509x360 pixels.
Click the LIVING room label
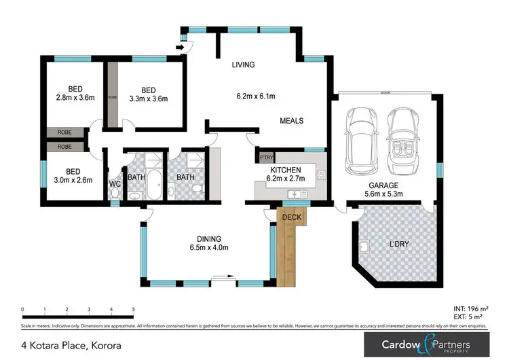point(242,65)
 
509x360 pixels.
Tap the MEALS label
point(291,121)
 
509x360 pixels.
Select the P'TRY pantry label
point(266,158)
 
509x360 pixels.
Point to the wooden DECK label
point(291,217)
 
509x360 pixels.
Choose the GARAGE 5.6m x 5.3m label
point(383,189)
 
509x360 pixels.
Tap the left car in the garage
point(359,141)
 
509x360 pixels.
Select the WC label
point(115,183)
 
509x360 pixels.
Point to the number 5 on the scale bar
point(134,309)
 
